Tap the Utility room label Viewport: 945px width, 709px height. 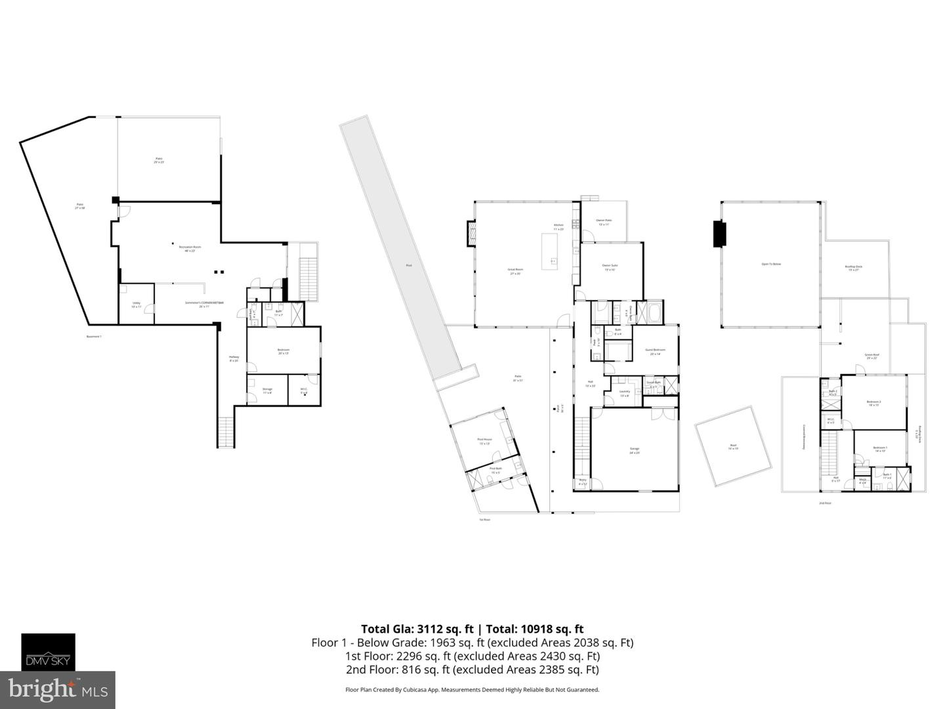(x=136, y=305)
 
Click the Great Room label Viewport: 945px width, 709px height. (x=515, y=270)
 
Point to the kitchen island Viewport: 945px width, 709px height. (x=550, y=251)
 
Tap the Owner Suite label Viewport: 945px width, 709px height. (x=610, y=267)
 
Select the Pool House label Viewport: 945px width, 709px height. (x=484, y=441)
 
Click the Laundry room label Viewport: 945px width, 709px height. (x=624, y=393)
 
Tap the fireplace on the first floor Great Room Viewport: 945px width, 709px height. (x=471, y=233)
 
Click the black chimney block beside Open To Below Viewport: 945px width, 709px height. (x=720, y=234)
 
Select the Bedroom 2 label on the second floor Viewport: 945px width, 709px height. (x=873, y=403)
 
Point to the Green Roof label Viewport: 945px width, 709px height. (x=872, y=356)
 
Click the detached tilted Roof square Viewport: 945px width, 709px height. (x=734, y=446)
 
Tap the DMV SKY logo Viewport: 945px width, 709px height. (x=49, y=652)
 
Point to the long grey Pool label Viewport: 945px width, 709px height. (x=408, y=265)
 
